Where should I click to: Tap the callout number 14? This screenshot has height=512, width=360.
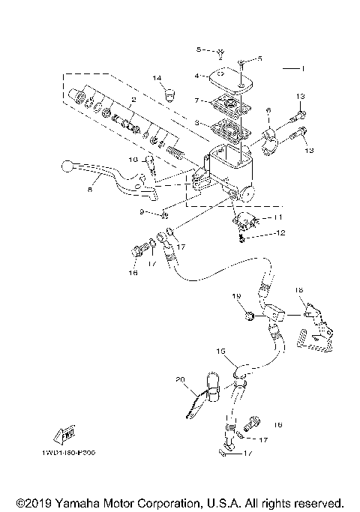pos(157,78)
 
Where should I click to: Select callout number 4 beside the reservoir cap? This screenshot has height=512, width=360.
pos(196,76)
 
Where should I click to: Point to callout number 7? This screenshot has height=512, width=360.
pos(196,100)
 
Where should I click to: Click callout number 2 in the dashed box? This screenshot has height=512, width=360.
pos(133,99)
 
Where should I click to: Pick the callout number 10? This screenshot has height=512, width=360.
pos(133,160)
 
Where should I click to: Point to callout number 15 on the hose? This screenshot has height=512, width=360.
pos(220,351)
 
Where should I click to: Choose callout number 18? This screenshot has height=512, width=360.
pos(298,289)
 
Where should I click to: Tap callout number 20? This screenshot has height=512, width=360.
pos(180,380)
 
